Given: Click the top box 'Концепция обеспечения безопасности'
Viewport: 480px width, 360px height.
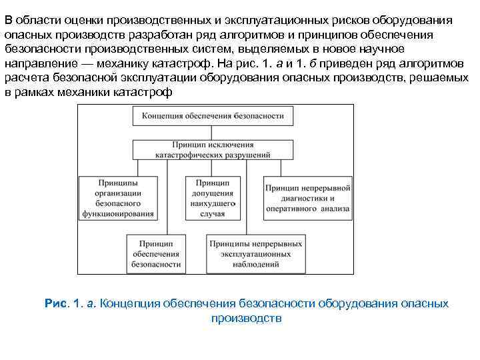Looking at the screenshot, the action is (213, 116).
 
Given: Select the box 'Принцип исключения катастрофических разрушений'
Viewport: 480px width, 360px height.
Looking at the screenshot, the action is (213, 149).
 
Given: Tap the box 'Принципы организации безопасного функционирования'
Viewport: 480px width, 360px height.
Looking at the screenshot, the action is (117, 198).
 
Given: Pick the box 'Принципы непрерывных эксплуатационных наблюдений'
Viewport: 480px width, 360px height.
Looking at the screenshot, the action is (255, 254).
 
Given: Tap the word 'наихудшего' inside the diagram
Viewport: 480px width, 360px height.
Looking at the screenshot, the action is (213, 203).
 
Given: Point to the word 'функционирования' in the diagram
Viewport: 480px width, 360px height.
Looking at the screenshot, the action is (118, 214).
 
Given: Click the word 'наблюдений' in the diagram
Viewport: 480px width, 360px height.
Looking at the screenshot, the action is (255, 265).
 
